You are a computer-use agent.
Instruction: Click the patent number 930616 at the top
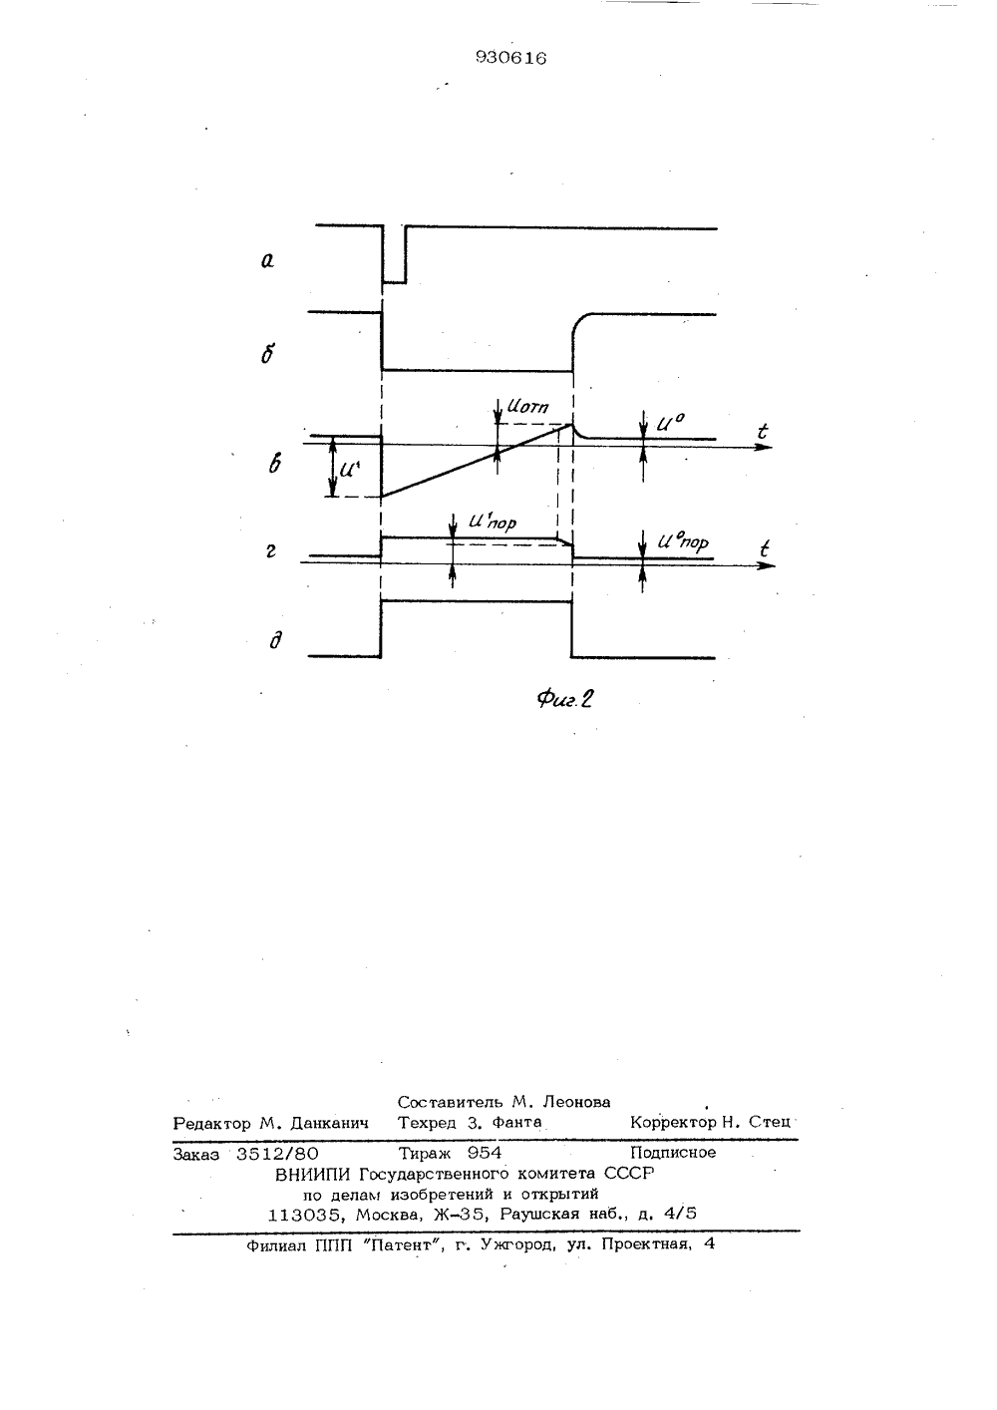point(511,58)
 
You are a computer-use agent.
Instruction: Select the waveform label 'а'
point(267,260)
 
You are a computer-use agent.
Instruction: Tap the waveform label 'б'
point(267,354)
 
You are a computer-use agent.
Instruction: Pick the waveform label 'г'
point(271,551)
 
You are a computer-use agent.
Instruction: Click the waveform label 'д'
point(275,640)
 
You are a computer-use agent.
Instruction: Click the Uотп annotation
point(527,406)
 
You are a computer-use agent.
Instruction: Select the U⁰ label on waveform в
point(670,422)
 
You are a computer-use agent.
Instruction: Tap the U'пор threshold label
point(493,522)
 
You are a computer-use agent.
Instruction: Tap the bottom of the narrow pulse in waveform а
point(395,282)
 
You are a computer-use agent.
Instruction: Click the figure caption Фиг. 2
point(565,699)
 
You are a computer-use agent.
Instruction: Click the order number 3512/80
point(277,1153)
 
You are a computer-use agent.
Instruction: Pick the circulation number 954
point(485,1153)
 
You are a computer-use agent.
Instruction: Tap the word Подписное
point(674,1153)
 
